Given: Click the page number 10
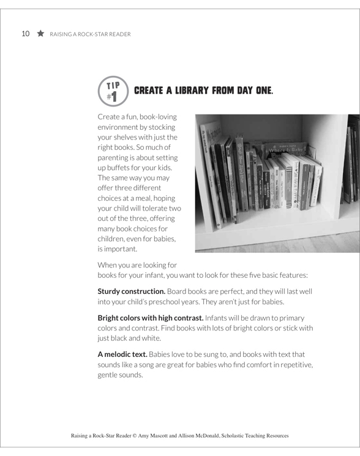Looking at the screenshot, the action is point(25,34).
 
